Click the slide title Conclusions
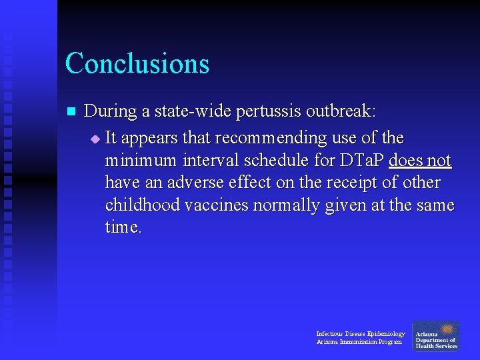click(137, 64)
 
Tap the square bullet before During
click(73, 111)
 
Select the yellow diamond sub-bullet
click(95, 139)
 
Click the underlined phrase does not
click(420, 161)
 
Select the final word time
click(123, 227)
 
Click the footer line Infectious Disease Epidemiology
click(360, 333)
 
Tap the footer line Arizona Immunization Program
click(359, 342)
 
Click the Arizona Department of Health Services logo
click(436, 337)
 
